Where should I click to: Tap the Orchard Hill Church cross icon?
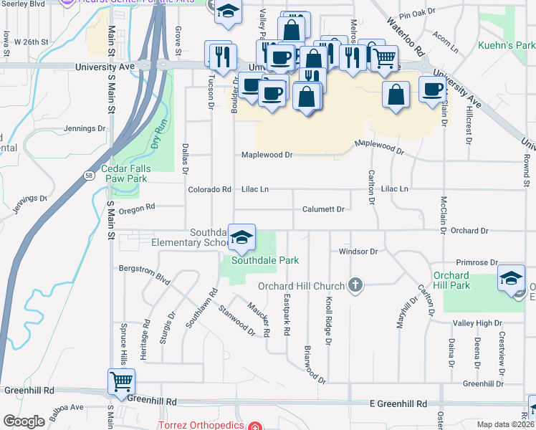pyautogui.click(x=354, y=285)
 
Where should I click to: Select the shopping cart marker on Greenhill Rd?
pyautogui.click(x=121, y=381)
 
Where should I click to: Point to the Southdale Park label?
pyautogui.click(x=264, y=260)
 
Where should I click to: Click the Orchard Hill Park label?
pyautogui.click(x=451, y=280)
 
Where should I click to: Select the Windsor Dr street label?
pyautogui.click(x=358, y=252)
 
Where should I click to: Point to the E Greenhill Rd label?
pyautogui.click(x=398, y=403)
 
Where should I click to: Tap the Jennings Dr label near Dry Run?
pyautogui.click(x=84, y=129)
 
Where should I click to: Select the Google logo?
pyautogui.click(x=24, y=421)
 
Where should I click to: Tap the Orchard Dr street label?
pyautogui.click(x=469, y=231)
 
